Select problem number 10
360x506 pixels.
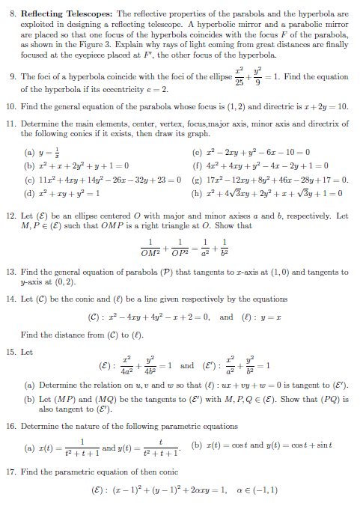(x=11, y=107)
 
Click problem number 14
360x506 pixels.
(x=11, y=298)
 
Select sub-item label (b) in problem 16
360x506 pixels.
(x=196, y=449)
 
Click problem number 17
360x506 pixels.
(x=11, y=472)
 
